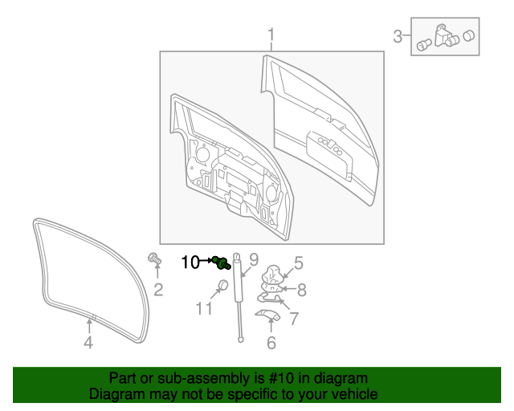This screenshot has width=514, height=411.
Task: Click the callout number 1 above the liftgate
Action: point(271,35)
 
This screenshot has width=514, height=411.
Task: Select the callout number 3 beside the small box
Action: point(397,36)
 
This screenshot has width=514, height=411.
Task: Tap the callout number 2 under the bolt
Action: point(158,289)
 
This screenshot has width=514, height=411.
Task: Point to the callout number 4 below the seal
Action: point(88,344)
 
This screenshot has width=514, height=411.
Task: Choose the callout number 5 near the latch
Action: point(298,262)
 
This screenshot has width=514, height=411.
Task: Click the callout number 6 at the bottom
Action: point(271,343)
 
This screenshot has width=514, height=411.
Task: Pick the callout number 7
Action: point(294,319)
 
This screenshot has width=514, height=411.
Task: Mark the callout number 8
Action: point(302,290)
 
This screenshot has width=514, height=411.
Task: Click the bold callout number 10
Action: point(190,262)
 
